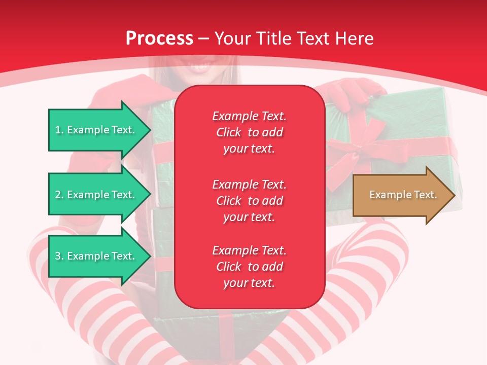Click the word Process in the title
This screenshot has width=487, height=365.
[x=159, y=39]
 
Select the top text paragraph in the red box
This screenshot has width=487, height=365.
[x=249, y=132]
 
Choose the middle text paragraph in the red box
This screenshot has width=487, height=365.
[x=249, y=201]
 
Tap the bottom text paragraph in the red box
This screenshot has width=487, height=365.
[x=249, y=267]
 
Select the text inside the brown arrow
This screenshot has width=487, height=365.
[x=403, y=195]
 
